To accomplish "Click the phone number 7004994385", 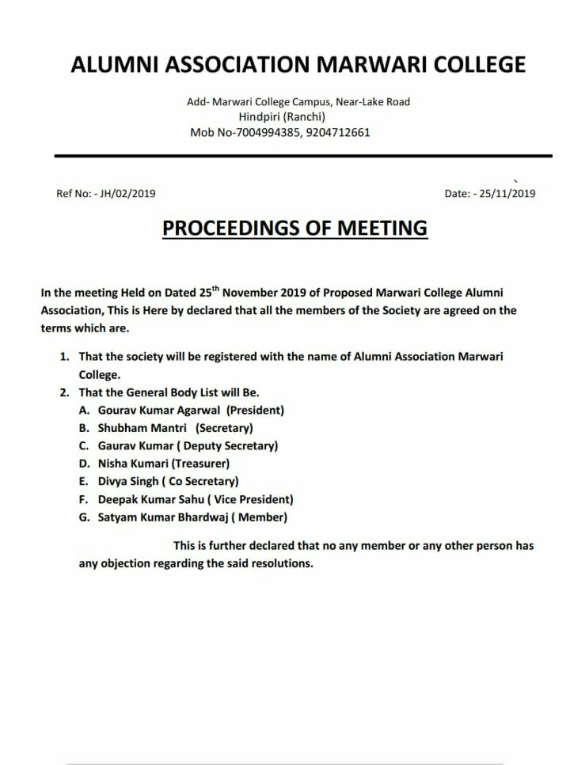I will click(270, 132).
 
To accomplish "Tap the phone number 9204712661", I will click(339, 132).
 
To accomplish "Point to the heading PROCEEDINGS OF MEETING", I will click(294, 228).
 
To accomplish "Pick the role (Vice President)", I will click(254, 499).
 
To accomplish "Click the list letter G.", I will click(83, 517).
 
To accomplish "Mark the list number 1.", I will click(64, 356).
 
